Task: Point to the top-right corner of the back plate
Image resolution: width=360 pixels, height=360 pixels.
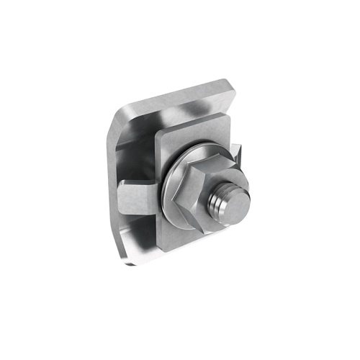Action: tap(234, 88)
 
